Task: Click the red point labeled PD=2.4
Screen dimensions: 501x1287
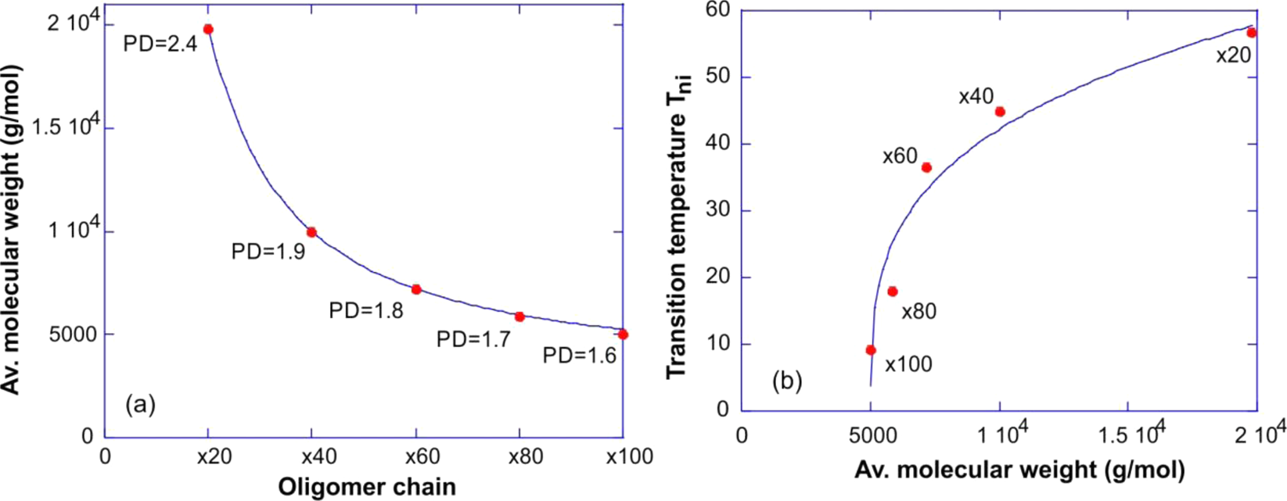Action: point(208,30)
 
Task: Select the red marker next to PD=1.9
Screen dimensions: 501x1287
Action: point(311,232)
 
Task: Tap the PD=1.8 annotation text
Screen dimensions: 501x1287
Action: point(365,311)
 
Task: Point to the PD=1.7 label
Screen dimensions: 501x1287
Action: point(473,339)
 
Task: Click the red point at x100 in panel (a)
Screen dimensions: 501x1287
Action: point(623,335)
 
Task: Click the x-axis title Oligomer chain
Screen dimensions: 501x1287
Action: point(366,487)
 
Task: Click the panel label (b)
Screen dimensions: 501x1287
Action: point(787,381)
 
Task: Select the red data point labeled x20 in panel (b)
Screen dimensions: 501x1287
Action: point(1251,33)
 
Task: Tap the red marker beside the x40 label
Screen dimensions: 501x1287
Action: point(1000,112)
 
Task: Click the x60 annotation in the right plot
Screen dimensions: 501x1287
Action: point(900,156)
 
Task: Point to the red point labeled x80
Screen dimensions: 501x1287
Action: point(893,292)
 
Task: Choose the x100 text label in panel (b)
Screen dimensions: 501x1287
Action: point(908,364)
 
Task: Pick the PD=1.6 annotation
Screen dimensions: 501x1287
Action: point(580,356)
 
